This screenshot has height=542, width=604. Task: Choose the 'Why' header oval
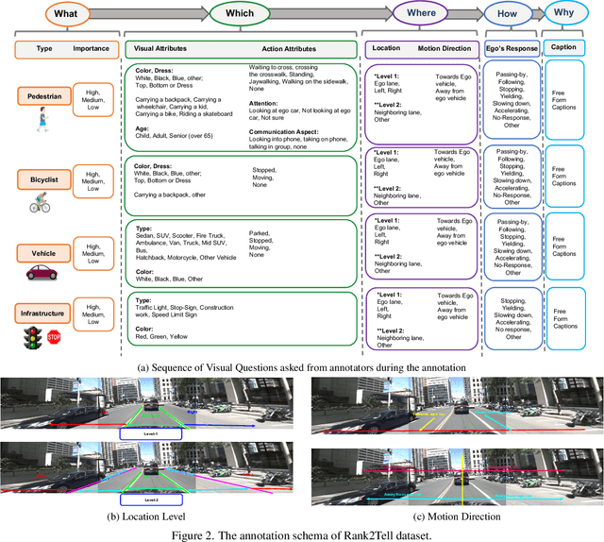569,15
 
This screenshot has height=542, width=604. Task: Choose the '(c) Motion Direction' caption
456,517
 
